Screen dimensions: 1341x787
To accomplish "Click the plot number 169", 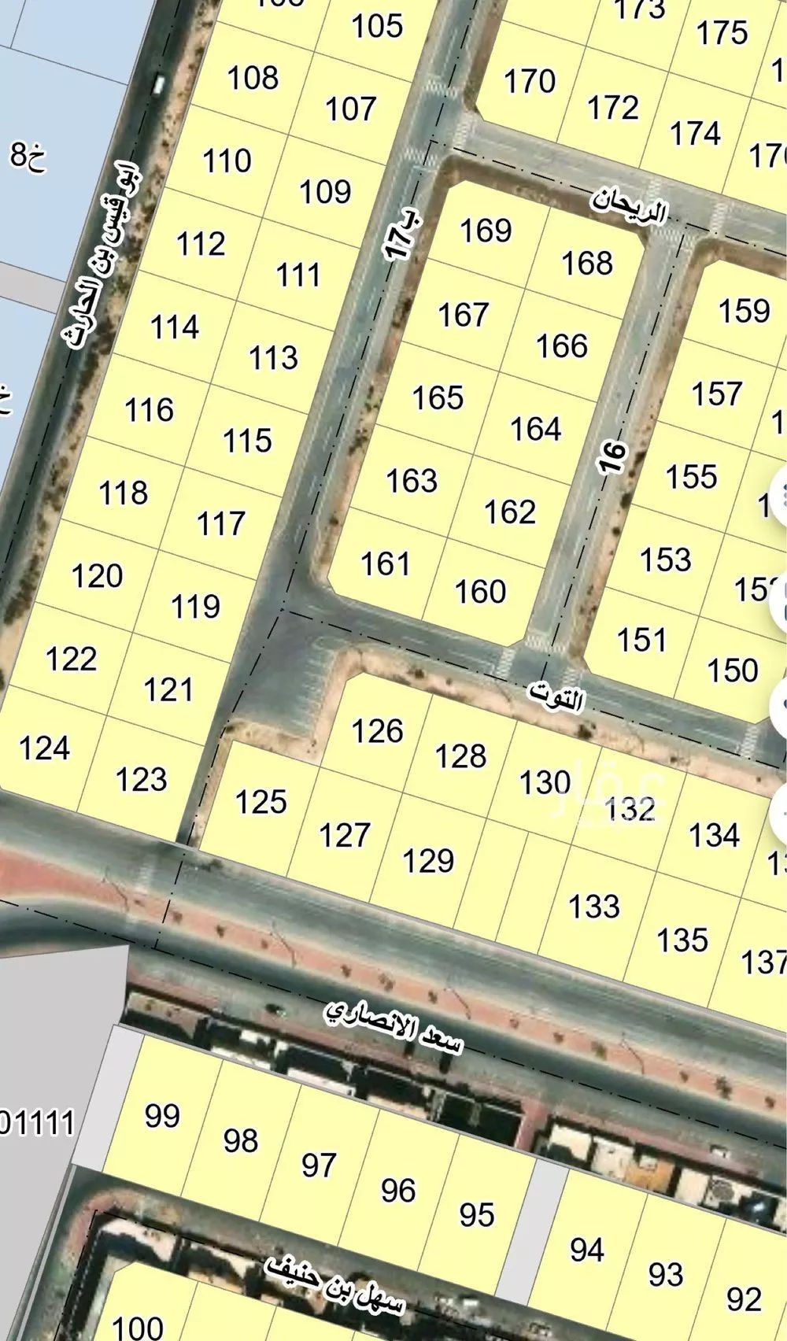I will pos(486,231).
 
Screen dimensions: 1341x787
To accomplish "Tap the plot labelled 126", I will pos(378,731).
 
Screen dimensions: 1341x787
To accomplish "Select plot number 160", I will pos(480,592).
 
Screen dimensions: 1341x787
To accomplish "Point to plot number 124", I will pos(45,748).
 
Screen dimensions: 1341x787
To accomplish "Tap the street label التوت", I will pos(557,697).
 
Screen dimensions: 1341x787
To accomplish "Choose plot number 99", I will pos(162,1116).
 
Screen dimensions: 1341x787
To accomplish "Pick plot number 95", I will pos(476,1214).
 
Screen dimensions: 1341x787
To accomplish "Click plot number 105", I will pos(377,26).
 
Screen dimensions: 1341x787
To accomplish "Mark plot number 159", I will pos(744,311).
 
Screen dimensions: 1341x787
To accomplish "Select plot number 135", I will pos(682,940).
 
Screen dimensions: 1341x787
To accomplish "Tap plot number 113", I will pos(273,358).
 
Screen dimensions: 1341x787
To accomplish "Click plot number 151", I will pos(641,639).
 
